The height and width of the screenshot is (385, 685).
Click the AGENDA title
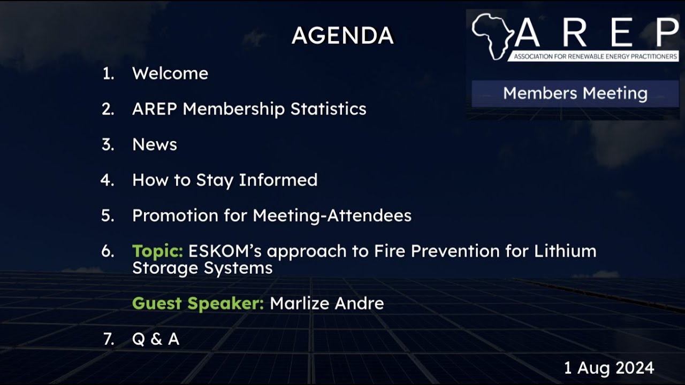(x=342, y=36)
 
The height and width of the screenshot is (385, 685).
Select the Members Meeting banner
(x=575, y=94)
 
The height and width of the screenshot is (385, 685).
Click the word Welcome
(x=170, y=73)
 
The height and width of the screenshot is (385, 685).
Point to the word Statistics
(x=328, y=109)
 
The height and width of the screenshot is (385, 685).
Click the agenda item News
(x=155, y=144)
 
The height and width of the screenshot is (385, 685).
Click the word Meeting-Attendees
(x=332, y=215)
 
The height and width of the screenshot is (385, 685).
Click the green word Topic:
(x=158, y=251)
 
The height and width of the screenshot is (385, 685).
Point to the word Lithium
(x=565, y=251)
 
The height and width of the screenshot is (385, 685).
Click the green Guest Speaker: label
(x=198, y=304)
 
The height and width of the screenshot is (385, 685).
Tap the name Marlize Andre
(x=326, y=304)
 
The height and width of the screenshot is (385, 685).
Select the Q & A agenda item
(x=156, y=339)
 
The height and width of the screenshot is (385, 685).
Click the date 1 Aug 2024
(x=609, y=368)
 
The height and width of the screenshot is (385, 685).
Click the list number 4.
(x=108, y=180)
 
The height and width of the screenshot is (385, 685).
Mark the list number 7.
(x=109, y=339)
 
